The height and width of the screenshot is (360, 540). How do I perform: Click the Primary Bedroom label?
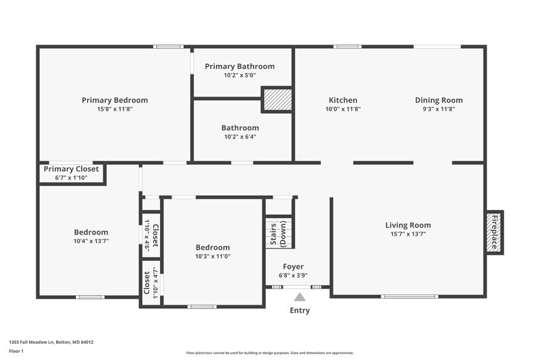coord(115,100)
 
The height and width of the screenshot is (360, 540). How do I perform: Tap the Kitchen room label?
coord(343,100)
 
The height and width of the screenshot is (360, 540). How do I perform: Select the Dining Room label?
coord(439,100)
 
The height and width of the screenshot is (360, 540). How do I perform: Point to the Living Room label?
coord(408,225)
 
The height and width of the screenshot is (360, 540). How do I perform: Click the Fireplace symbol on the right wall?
coord(494,232)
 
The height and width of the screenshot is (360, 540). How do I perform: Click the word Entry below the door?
coord(300,311)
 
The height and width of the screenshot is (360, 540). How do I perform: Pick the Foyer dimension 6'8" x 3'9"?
coord(293,276)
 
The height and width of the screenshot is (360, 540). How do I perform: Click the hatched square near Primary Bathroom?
coord(276,100)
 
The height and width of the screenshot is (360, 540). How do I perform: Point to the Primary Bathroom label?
coord(240,66)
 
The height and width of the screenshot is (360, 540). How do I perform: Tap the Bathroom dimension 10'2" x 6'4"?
coord(240,136)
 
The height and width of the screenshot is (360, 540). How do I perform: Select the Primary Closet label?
coord(72,169)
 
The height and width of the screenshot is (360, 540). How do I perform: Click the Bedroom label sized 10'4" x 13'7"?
coord(90,232)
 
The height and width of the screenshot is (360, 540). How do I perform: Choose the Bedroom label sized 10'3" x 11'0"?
coord(213,247)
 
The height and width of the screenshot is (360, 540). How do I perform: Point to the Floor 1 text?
coord(16,351)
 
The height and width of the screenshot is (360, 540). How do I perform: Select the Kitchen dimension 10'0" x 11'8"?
coord(343,109)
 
